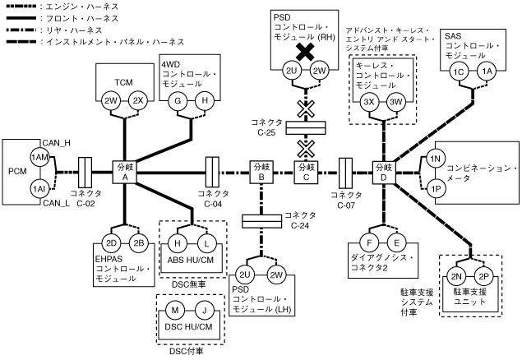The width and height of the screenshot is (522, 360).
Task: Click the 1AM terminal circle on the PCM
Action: tap(39, 156)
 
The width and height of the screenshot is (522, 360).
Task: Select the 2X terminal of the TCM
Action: tap(138, 100)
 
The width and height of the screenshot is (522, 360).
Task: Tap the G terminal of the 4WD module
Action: tap(174, 100)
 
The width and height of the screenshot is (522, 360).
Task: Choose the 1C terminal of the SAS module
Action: tap(460, 72)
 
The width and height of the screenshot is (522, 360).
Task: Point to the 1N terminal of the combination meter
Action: tap(437, 158)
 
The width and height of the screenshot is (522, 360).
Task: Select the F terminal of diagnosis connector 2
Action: tap(371, 242)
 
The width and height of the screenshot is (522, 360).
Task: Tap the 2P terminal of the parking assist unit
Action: tap(484, 275)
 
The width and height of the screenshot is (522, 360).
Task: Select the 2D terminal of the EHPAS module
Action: tap(111, 242)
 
